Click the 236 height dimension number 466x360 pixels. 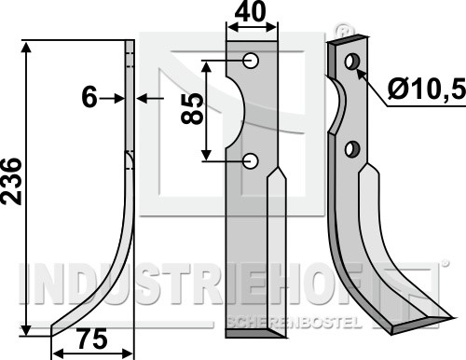pos(11,181)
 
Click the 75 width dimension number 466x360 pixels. pos(92,339)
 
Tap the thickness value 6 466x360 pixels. pos(89,98)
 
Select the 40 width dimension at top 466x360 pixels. pos(251,11)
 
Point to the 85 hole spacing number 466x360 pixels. pos(192,109)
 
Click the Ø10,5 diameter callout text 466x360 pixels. pos(427,89)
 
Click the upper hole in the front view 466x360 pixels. pos(251,61)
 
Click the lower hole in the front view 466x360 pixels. pos(251,161)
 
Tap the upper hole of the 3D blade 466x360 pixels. pos(352,62)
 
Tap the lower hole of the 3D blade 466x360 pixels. pos(352,149)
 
